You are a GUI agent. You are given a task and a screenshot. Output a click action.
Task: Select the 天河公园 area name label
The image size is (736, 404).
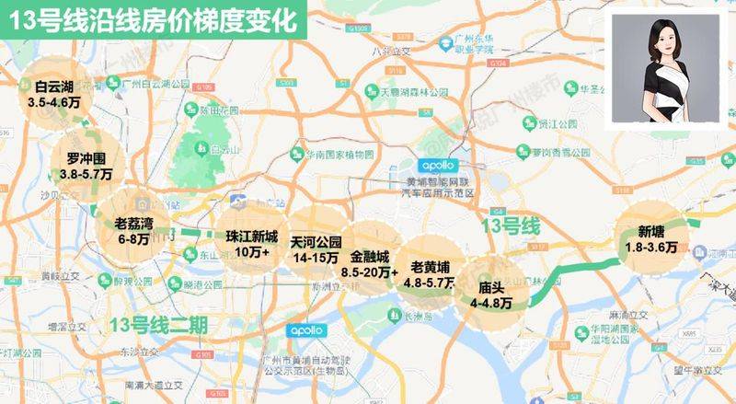pos(316,242)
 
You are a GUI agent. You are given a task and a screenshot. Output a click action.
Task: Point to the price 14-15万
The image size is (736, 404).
pos(316,259)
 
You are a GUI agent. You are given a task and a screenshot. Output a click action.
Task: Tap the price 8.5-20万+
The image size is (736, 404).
pos(369,272)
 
